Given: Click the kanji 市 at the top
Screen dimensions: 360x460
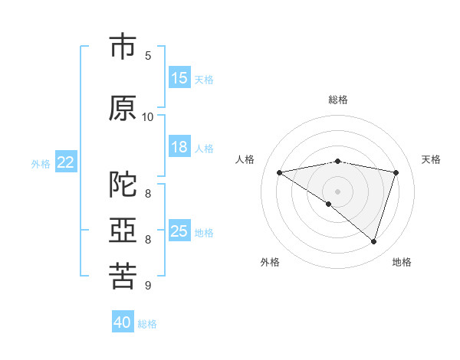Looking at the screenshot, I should [123, 47].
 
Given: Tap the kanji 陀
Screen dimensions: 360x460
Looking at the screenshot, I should [123, 185].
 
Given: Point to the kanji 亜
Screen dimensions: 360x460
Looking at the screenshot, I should [123, 231].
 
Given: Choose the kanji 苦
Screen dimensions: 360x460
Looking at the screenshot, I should [123, 277].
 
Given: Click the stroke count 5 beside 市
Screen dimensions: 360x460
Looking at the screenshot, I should [148, 56].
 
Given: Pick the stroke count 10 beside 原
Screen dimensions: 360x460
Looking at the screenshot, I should [148, 117].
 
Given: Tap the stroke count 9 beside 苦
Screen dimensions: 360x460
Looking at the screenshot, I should [148, 286].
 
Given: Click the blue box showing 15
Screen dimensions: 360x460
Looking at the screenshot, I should [179, 78].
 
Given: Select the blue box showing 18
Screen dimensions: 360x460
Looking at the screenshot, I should [179, 147].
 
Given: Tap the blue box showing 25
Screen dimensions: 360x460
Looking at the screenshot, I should [179, 231].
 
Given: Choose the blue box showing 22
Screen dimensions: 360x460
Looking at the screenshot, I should [66, 162].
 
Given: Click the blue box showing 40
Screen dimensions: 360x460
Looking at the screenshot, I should [123, 322].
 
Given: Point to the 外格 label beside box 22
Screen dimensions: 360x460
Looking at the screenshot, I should [41, 163].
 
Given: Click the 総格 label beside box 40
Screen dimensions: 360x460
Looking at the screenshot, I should [147, 324].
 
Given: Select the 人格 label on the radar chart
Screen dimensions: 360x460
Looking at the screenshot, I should [245, 159].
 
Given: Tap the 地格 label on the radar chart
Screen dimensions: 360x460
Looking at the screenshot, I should [402, 262].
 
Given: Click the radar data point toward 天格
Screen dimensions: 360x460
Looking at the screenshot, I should [396, 172].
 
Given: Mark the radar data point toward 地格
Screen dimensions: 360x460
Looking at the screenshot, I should [374, 242].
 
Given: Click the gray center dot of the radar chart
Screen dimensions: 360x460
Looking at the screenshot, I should [337, 191].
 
